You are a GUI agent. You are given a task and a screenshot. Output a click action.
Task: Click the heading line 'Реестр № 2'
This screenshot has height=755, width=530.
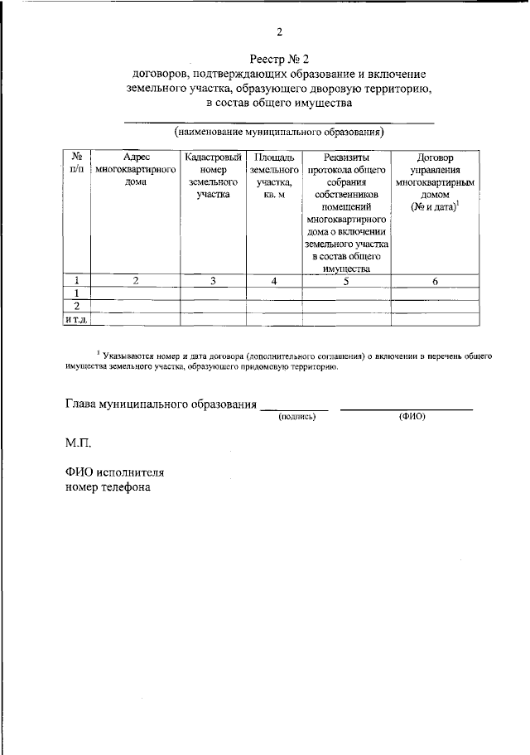tap(279, 58)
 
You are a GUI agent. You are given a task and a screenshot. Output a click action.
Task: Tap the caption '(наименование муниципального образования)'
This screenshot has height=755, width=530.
tap(279, 132)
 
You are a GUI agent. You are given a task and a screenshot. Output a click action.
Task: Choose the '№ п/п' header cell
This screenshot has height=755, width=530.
tap(77, 162)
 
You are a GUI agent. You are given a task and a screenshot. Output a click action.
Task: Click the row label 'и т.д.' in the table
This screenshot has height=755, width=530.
tap(77, 319)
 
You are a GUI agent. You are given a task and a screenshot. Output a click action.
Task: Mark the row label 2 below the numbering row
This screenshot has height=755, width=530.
tap(77, 307)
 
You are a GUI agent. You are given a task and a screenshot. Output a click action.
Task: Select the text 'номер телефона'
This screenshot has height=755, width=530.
tap(108, 487)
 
